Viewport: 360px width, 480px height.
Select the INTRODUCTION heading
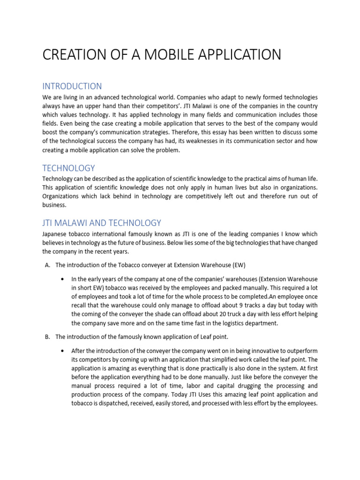72,86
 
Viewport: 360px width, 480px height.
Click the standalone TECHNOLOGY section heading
68,168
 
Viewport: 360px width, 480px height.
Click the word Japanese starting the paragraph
55,234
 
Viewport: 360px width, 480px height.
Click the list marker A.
47,265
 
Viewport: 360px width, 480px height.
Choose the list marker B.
47,337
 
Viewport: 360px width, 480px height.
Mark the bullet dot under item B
63,351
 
